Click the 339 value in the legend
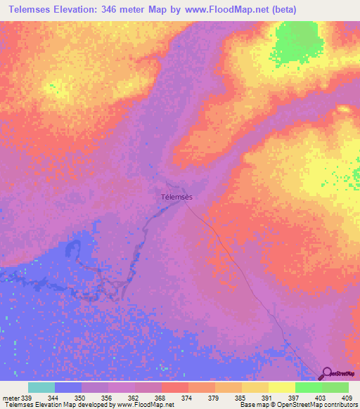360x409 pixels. point(25,397)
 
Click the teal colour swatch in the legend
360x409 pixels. point(41,387)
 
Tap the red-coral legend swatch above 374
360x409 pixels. point(175,387)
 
